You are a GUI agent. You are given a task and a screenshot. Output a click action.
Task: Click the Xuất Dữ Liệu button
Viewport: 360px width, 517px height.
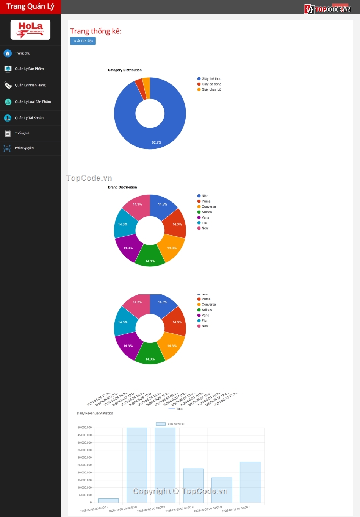coord(83,41)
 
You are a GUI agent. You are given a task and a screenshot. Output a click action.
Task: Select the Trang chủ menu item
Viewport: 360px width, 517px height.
coord(22,53)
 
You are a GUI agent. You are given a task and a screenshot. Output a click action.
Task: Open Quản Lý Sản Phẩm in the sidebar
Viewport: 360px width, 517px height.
coord(29,69)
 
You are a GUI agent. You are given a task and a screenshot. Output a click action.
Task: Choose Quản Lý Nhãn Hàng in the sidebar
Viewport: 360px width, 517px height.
coord(30,85)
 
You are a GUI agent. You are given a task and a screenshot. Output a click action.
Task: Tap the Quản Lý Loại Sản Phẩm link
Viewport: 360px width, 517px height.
coord(33,102)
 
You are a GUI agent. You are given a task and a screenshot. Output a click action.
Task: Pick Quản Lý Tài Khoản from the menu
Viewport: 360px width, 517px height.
coord(29,118)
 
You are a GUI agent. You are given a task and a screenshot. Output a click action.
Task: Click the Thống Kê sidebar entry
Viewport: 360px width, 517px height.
coord(22,133)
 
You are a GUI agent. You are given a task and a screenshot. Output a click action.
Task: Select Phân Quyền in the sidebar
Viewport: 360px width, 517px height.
coord(24,148)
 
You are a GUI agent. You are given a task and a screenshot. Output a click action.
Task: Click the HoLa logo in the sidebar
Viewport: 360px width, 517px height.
coord(30,30)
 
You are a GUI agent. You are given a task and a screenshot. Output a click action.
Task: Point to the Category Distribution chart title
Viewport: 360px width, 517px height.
coord(125,70)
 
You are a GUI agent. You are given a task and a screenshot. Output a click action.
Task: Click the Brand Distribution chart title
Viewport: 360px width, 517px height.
coord(122,187)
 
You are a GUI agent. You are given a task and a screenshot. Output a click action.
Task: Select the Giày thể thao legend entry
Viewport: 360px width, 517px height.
coord(211,79)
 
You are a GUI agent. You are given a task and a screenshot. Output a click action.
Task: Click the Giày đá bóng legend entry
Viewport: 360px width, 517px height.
coord(211,84)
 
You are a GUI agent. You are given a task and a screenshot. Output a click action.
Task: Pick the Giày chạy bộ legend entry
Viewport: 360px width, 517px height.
coord(211,89)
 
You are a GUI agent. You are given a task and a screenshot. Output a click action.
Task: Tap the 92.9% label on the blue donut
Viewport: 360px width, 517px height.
coord(157,142)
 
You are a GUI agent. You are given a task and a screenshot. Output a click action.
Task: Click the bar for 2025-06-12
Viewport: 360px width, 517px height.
coord(250,482)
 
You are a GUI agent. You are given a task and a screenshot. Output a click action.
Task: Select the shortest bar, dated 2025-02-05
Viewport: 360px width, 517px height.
coord(108,500)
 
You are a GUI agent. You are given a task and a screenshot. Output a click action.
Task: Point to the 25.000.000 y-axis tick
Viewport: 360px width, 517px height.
coord(85,465)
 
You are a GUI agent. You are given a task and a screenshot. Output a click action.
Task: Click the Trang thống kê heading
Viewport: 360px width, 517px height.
coord(96,31)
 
